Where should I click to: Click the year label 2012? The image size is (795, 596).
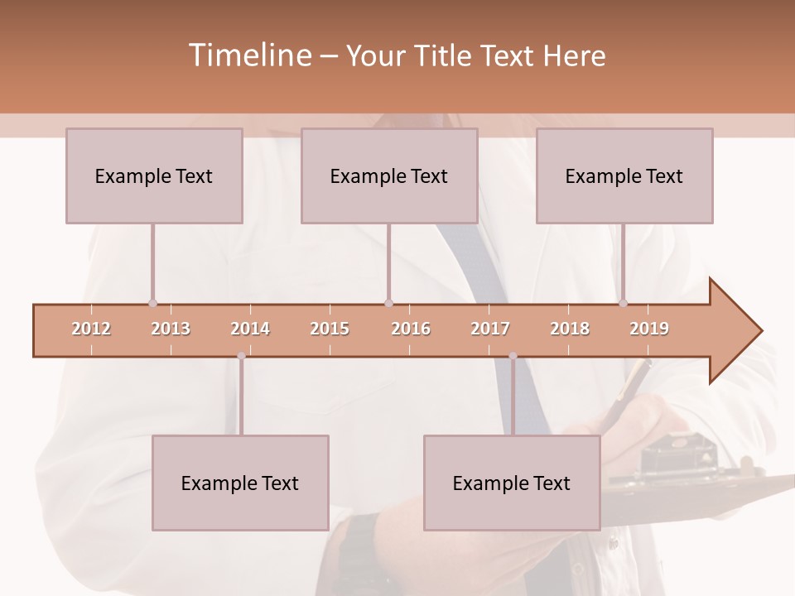(x=91, y=329)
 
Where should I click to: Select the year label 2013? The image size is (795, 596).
(x=171, y=329)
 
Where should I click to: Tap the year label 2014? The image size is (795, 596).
(x=250, y=329)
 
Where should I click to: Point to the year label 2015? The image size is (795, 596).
(x=330, y=329)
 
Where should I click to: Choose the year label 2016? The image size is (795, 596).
(x=411, y=329)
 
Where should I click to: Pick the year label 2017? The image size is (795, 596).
(x=490, y=329)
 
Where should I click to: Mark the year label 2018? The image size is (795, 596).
(x=570, y=329)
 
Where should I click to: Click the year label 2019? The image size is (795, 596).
(x=649, y=329)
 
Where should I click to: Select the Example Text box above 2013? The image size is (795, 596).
(x=154, y=175)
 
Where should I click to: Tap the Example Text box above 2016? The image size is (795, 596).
(x=389, y=175)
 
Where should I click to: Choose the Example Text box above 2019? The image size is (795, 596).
(x=624, y=175)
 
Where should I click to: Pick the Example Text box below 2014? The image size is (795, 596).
(x=240, y=483)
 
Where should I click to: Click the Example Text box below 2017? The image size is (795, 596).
(x=512, y=483)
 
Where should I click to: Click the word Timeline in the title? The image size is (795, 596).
(x=249, y=55)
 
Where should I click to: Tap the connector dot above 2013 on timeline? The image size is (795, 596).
(x=152, y=303)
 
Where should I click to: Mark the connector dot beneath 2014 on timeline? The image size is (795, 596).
(x=241, y=356)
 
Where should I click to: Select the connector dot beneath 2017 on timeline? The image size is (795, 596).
(x=513, y=356)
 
